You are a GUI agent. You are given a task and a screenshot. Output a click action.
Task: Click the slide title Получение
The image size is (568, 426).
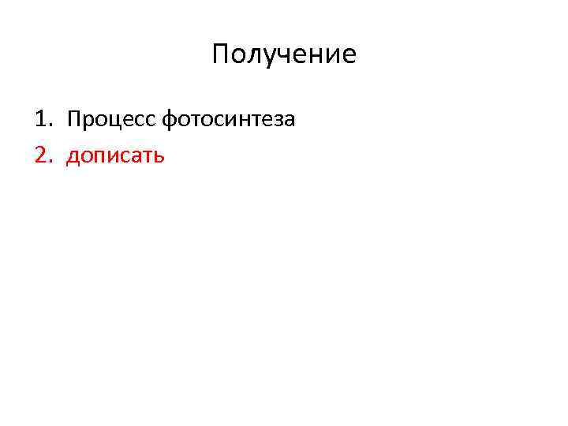pyautogui.click(x=284, y=54)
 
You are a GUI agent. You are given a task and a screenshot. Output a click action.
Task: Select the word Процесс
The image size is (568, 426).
pyautogui.click(x=111, y=120)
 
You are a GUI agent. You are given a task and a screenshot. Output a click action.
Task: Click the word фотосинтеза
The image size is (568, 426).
pyautogui.click(x=228, y=120)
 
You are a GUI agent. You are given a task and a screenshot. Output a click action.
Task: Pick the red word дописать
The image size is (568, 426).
pyautogui.click(x=115, y=155)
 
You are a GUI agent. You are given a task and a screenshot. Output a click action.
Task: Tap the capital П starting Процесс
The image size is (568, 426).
pyautogui.click(x=74, y=120)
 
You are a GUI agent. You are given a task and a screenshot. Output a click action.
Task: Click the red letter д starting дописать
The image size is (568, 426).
pyautogui.click(x=73, y=156)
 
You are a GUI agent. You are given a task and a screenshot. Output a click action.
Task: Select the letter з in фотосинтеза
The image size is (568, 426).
pyautogui.click(x=277, y=121)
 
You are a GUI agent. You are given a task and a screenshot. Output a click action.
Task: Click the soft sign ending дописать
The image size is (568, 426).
pyautogui.click(x=159, y=156)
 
